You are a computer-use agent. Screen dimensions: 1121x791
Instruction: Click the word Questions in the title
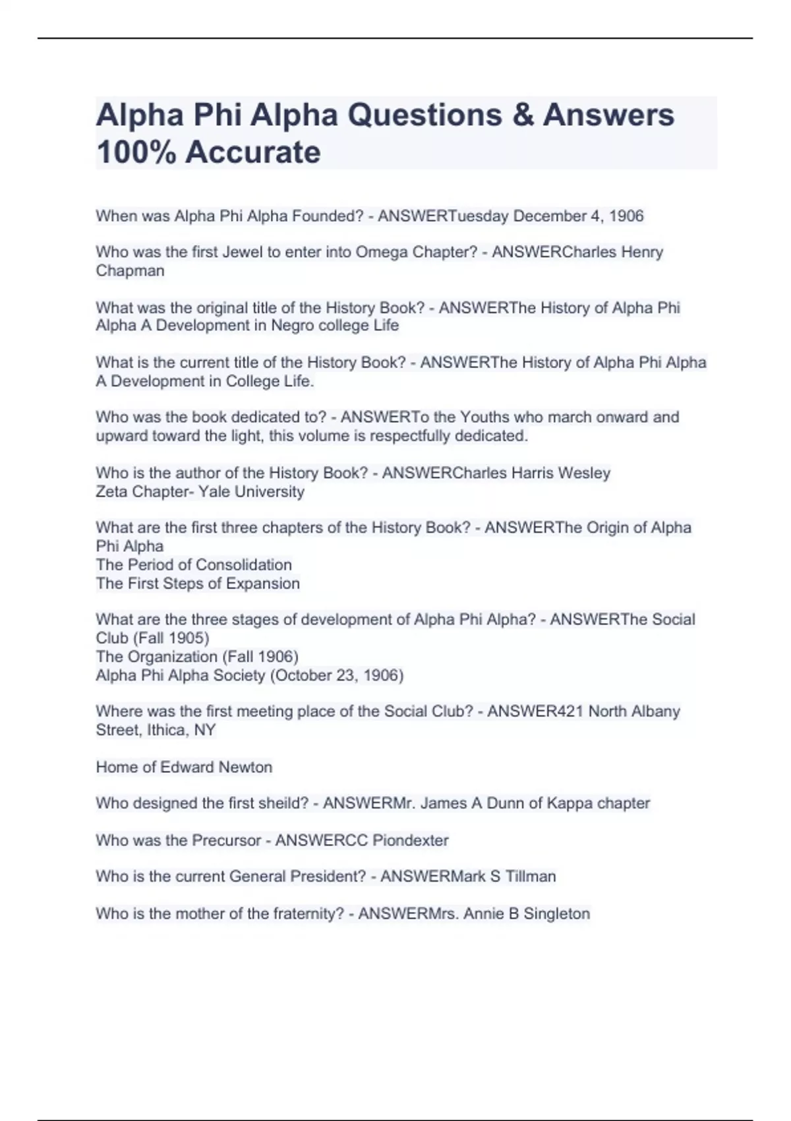tap(432, 115)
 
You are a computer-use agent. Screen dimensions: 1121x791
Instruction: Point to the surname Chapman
tap(130, 271)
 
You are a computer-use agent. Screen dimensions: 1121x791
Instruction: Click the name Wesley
tap(584, 473)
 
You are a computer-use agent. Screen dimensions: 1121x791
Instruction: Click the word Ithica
tap(166, 730)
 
